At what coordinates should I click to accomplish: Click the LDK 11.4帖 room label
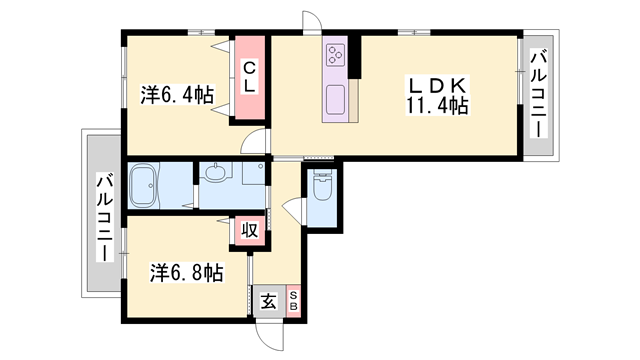[436, 93]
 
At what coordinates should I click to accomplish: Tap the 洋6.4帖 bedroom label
[176, 95]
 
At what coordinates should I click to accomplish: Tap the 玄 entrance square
[268, 301]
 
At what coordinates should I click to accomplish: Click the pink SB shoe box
[293, 301]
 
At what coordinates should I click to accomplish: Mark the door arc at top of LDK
[311, 24]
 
